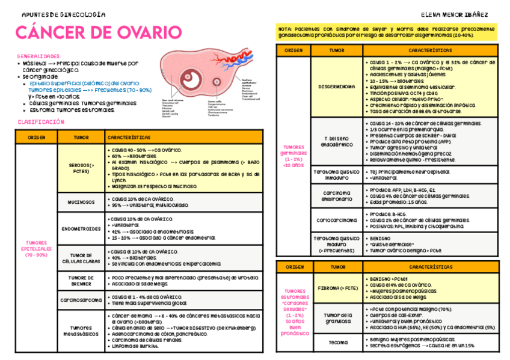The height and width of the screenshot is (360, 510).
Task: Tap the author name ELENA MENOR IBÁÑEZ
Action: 455,14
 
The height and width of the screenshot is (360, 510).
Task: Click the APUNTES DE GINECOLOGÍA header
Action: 63,14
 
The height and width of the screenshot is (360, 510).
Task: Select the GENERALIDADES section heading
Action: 39,56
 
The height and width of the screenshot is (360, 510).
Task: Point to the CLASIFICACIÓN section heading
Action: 41,122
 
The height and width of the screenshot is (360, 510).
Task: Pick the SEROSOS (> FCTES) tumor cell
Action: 81,168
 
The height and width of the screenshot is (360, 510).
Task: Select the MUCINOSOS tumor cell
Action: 81,203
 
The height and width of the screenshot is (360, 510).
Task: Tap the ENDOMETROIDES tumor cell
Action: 81,229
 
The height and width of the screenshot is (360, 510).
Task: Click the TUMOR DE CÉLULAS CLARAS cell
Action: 81,259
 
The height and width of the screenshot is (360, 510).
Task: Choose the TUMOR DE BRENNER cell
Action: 81,281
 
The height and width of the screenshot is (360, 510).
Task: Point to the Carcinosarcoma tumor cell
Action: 81,299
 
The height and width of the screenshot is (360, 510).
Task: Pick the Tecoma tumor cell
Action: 338,343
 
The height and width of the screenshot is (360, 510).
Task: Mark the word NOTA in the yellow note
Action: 285,28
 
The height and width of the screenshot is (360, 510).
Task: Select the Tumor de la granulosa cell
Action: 338,319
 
